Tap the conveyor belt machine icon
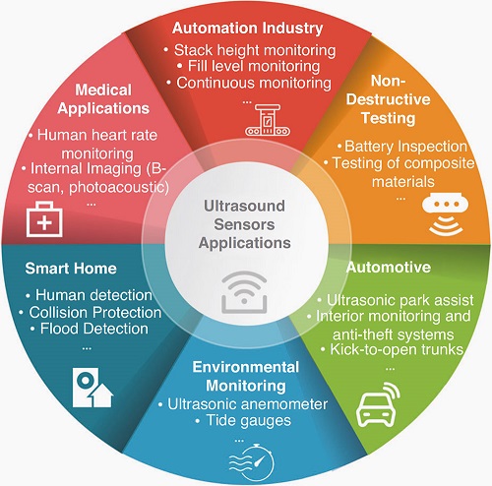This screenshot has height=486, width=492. click(268, 120)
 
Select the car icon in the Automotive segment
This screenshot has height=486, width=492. click(378, 404)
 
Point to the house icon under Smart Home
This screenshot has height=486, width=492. click(92, 388)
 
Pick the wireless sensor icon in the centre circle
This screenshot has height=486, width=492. click(244, 291)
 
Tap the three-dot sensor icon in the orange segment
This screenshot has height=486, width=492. click(445, 213)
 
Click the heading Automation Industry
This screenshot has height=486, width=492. click(248, 29)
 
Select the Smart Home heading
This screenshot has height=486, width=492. click(71, 269)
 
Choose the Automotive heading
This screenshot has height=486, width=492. click(389, 268)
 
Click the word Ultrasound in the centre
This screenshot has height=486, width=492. click(244, 206)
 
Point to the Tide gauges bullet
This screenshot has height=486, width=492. click(243, 421)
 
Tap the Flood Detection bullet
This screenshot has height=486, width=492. click(90, 329)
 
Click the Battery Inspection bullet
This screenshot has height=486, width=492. click(402, 147)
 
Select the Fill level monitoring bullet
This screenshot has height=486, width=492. click(248, 66)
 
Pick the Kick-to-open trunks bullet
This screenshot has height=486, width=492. click(392, 349)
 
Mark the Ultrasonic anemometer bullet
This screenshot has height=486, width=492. click(243, 404)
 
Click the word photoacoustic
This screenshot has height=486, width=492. click(119, 187)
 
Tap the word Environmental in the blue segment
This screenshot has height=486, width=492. click(246, 367)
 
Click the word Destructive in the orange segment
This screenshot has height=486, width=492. click(388, 99)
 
